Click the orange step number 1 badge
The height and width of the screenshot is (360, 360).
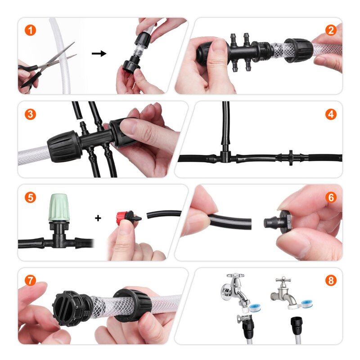30,30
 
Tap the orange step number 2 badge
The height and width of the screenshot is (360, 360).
331,30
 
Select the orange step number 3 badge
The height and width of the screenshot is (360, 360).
30,114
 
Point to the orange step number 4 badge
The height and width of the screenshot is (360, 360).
331,114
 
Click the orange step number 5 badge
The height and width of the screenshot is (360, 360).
30,197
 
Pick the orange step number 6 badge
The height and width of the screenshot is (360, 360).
331,197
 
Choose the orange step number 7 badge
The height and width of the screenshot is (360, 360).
30,280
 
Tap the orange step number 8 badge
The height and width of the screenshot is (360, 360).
331,280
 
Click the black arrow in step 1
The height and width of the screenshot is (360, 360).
99,54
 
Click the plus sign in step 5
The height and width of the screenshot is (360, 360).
98,218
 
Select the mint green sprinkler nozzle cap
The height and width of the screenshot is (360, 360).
58,207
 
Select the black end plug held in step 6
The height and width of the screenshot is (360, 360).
277,221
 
